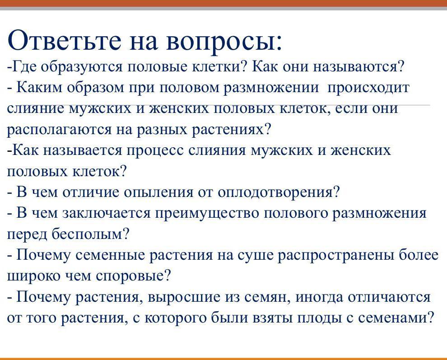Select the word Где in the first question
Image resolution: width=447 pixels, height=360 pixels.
24,67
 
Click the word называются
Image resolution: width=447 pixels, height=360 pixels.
359,67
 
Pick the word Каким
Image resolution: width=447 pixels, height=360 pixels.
39,87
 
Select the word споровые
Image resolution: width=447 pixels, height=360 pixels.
133,276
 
